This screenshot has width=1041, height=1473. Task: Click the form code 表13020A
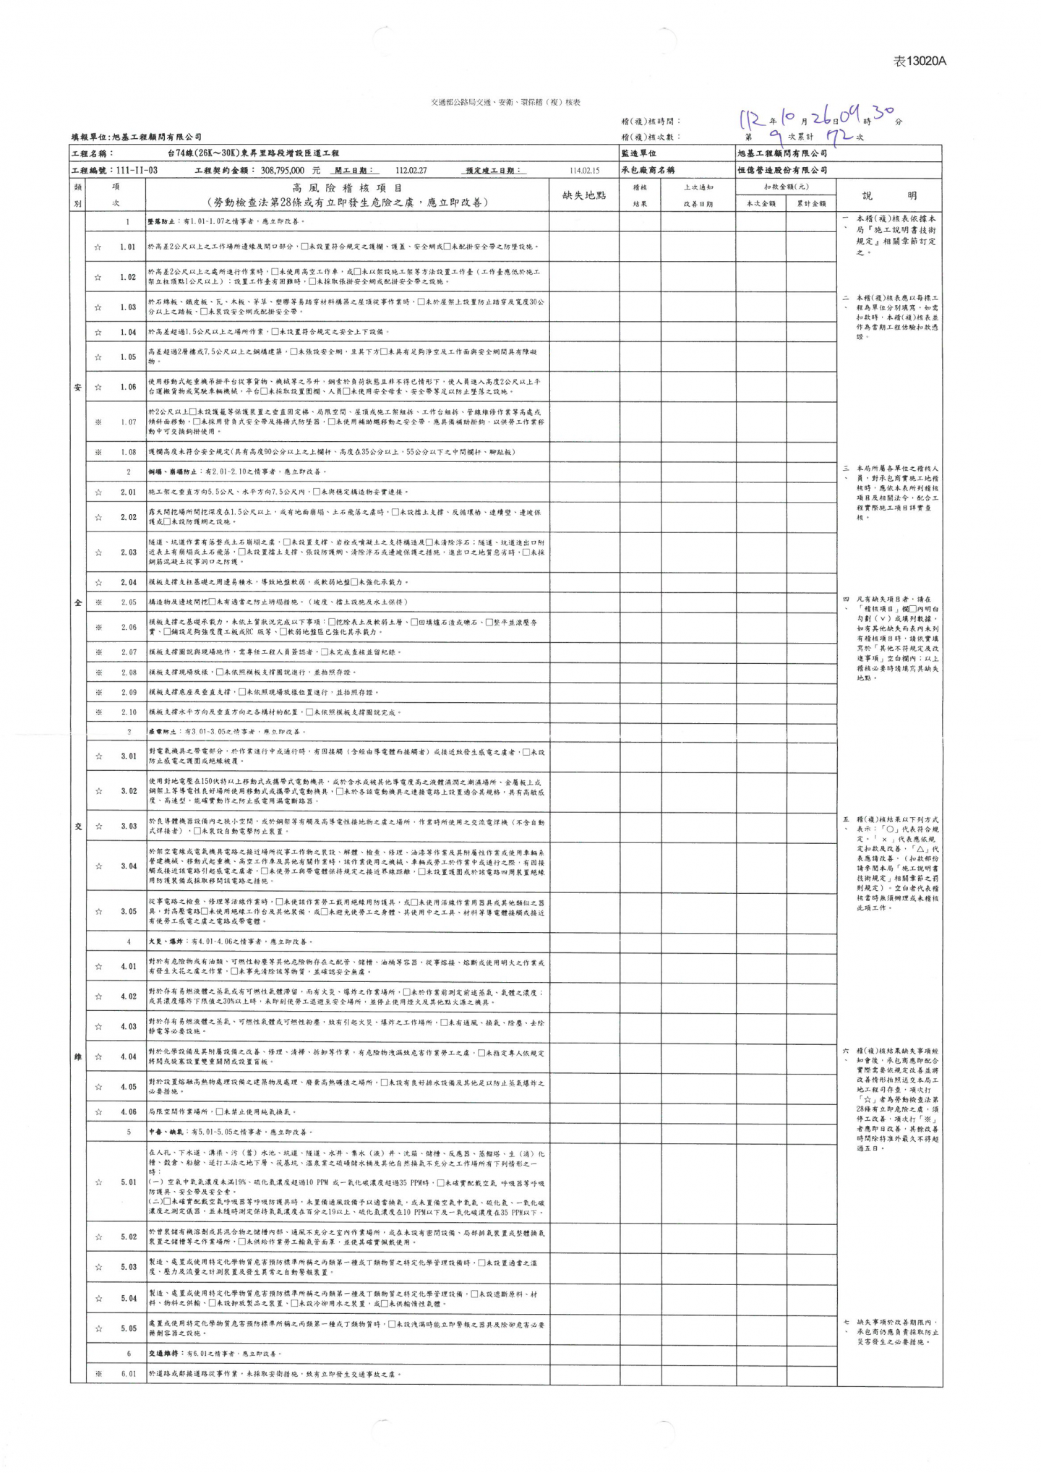[920, 61]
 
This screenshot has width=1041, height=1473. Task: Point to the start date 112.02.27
[411, 171]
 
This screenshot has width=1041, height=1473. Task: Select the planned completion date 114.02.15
[584, 171]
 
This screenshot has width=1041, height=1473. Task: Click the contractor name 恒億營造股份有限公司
[782, 171]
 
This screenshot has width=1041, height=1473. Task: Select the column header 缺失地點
[583, 195]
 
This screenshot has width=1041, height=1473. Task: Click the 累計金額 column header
[811, 204]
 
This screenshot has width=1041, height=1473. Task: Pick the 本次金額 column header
[761, 204]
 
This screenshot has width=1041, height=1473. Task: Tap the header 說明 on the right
[889, 195]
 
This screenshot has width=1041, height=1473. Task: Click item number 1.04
[128, 332]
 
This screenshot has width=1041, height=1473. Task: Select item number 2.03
[128, 552]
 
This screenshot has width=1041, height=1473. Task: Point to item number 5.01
[128, 1182]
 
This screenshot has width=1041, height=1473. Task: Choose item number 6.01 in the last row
[128, 1374]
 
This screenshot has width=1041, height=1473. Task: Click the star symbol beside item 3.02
[98, 791]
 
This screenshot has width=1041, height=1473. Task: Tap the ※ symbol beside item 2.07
[98, 652]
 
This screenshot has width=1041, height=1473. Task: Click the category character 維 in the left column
[78, 1056]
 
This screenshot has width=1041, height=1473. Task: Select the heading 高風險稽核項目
[347, 188]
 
